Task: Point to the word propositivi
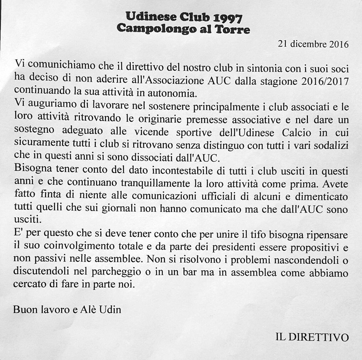pyautogui.click(x=310, y=246)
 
